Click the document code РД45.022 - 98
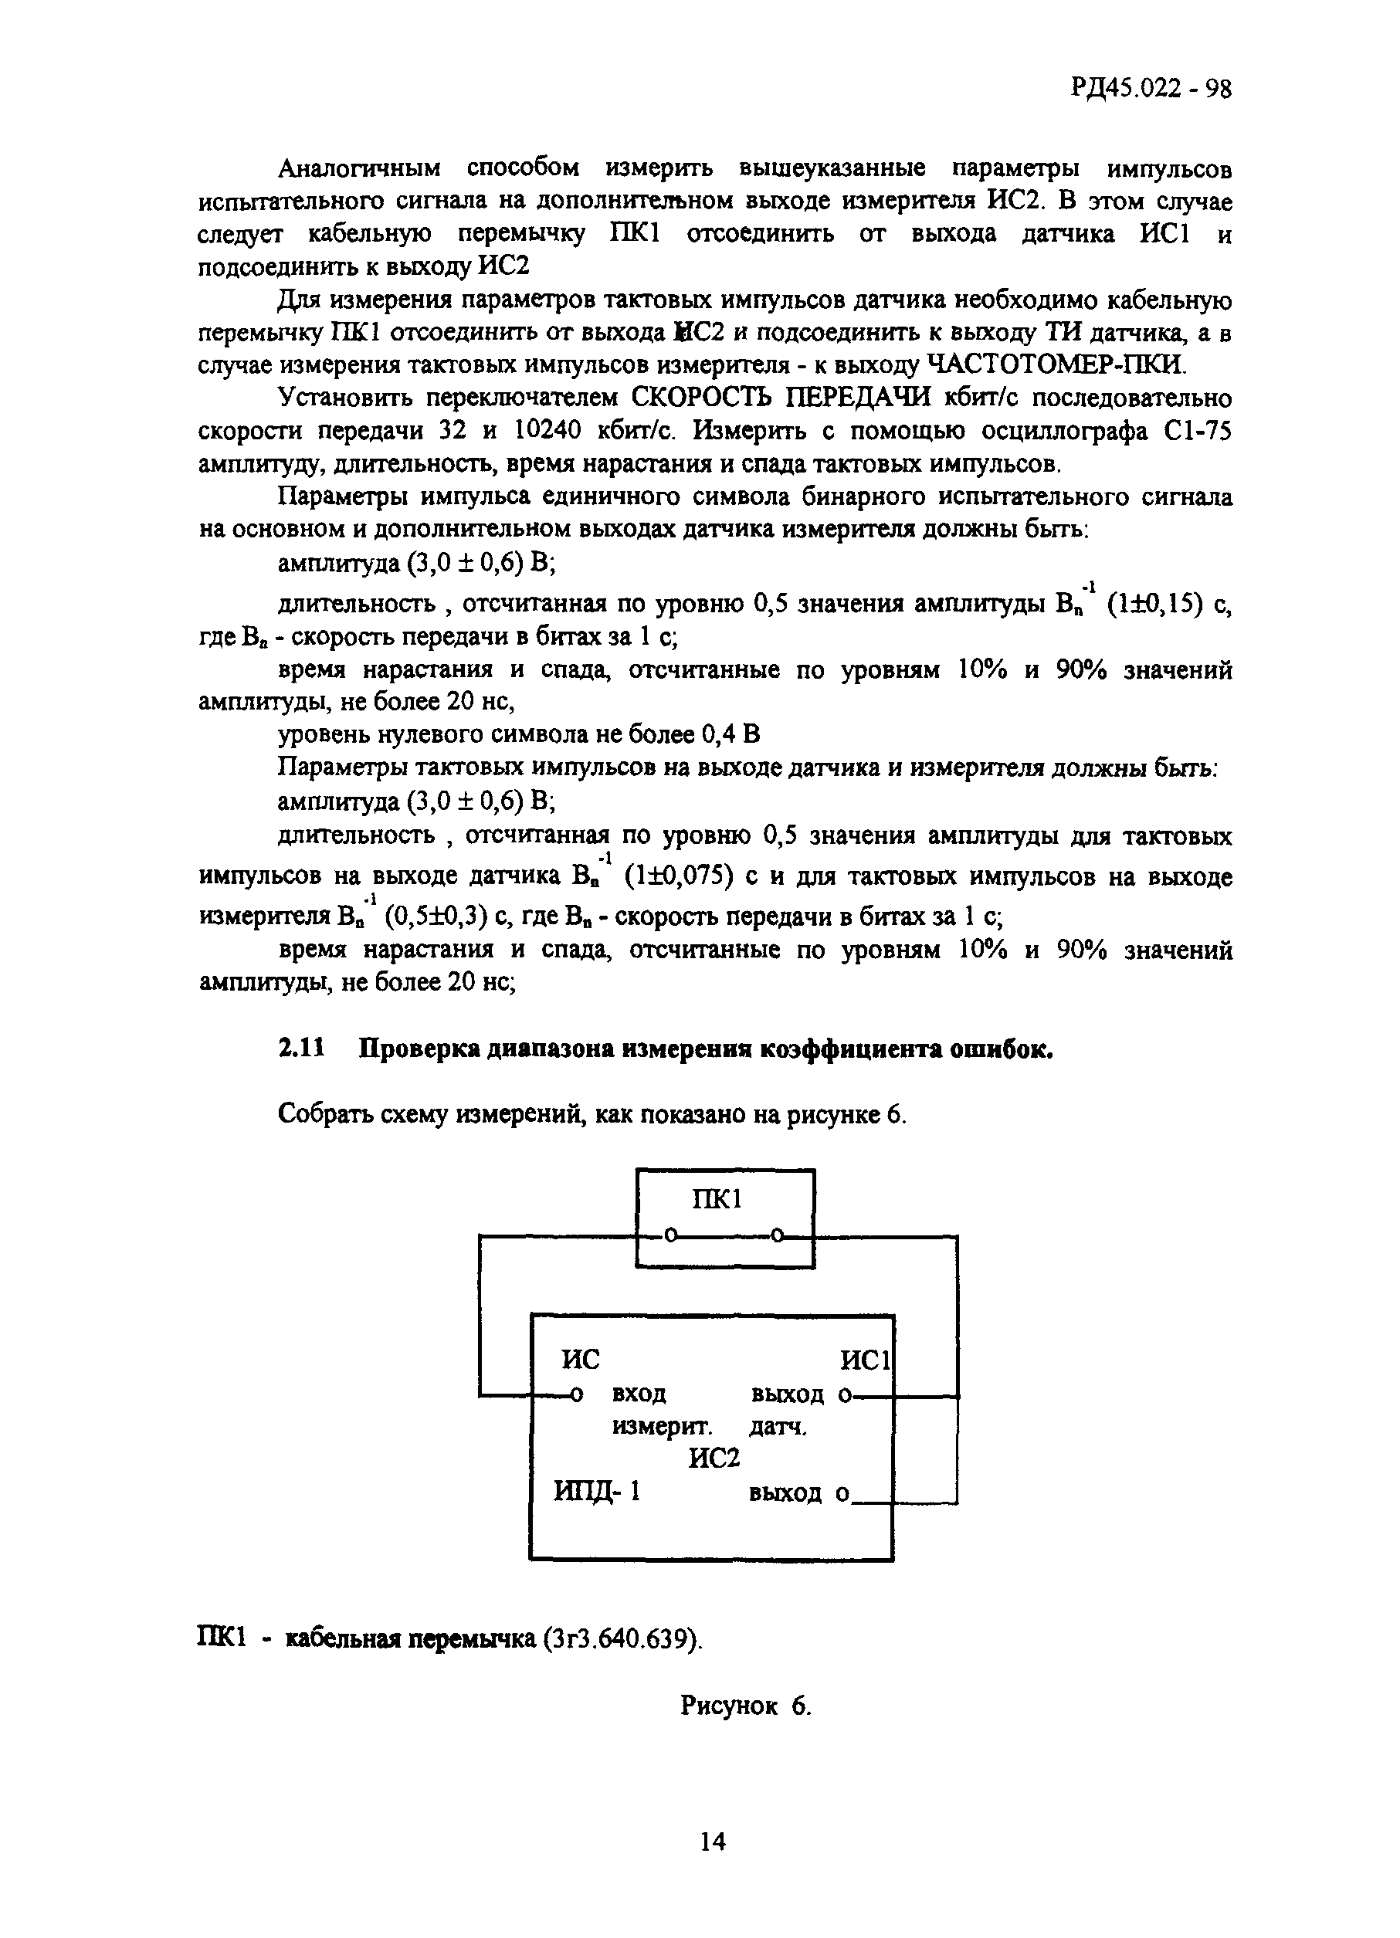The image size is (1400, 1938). pos(1151,89)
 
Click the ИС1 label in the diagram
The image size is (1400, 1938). pos(866,1360)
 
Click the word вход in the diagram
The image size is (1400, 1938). pos(639,1394)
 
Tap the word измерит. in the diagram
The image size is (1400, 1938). pos(663,1426)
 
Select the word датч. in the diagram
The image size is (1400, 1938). pos(778,1426)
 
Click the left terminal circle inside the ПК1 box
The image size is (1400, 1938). pos(671,1235)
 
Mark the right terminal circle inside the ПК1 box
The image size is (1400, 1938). pos(777,1235)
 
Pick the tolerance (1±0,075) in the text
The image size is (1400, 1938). pos(680,876)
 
